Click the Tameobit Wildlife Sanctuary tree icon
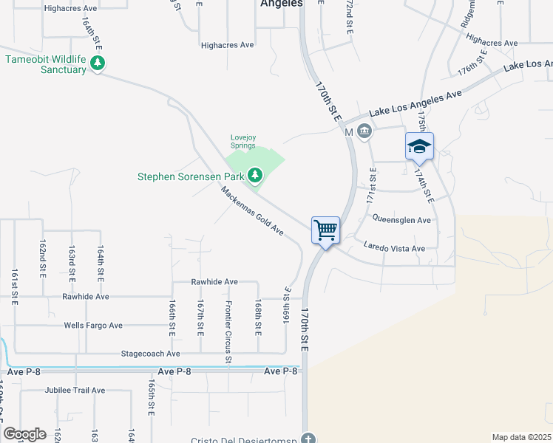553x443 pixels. pyautogui.click(x=98, y=65)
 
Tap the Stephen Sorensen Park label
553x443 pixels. pyautogui.click(x=191, y=176)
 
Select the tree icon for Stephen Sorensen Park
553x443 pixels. pyautogui.click(x=255, y=175)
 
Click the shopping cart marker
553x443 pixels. pyautogui.click(x=325, y=230)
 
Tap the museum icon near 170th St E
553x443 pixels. pyautogui.click(x=364, y=131)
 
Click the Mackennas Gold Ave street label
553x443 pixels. pyautogui.click(x=251, y=210)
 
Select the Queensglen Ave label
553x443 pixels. pyautogui.click(x=401, y=220)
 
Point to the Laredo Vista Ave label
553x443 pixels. pyautogui.click(x=395, y=248)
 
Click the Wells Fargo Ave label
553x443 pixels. pyautogui.click(x=93, y=326)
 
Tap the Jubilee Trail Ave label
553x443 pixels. pyautogui.click(x=75, y=390)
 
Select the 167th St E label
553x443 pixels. pyautogui.click(x=200, y=316)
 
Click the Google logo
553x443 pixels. pyautogui.click(x=24, y=434)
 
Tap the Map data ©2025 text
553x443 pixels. pyautogui.click(x=522, y=437)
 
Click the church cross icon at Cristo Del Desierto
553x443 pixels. pyautogui.click(x=309, y=438)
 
